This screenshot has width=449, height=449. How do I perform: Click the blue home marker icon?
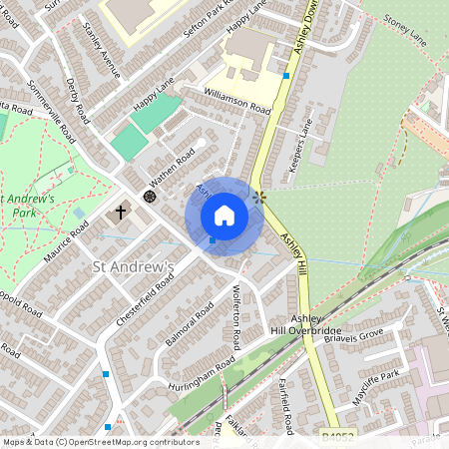click(224, 216)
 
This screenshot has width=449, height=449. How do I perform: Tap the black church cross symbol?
click(122, 212)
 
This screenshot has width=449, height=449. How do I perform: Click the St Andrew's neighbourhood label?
click(134, 266)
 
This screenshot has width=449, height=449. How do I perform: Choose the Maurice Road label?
click(66, 241)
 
